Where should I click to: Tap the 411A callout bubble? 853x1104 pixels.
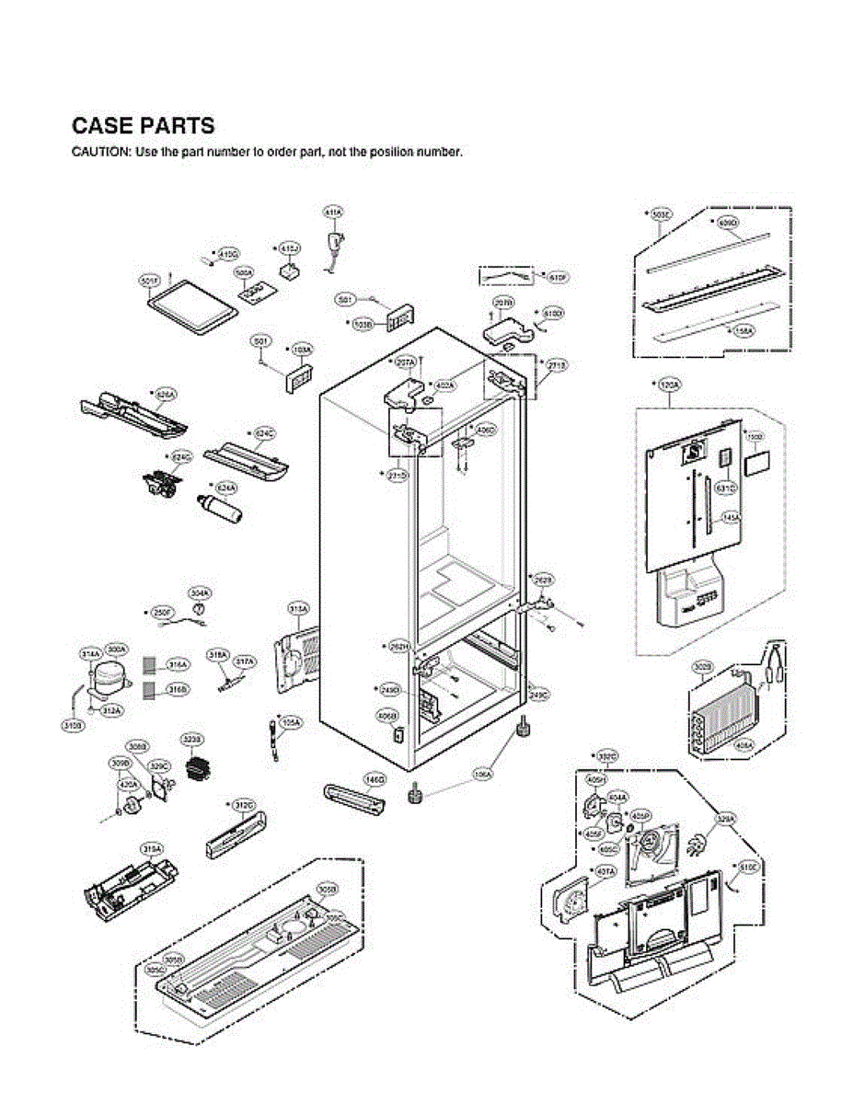pos(333,212)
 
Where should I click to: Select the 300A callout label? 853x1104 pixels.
pos(117,649)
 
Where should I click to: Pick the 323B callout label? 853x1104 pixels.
pos(192,739)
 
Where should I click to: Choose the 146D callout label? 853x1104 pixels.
pos(374,778)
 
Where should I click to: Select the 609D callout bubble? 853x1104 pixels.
pos(727,223)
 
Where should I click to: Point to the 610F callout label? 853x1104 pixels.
pos(557,276)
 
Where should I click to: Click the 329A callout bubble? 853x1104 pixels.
pos(726,817)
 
